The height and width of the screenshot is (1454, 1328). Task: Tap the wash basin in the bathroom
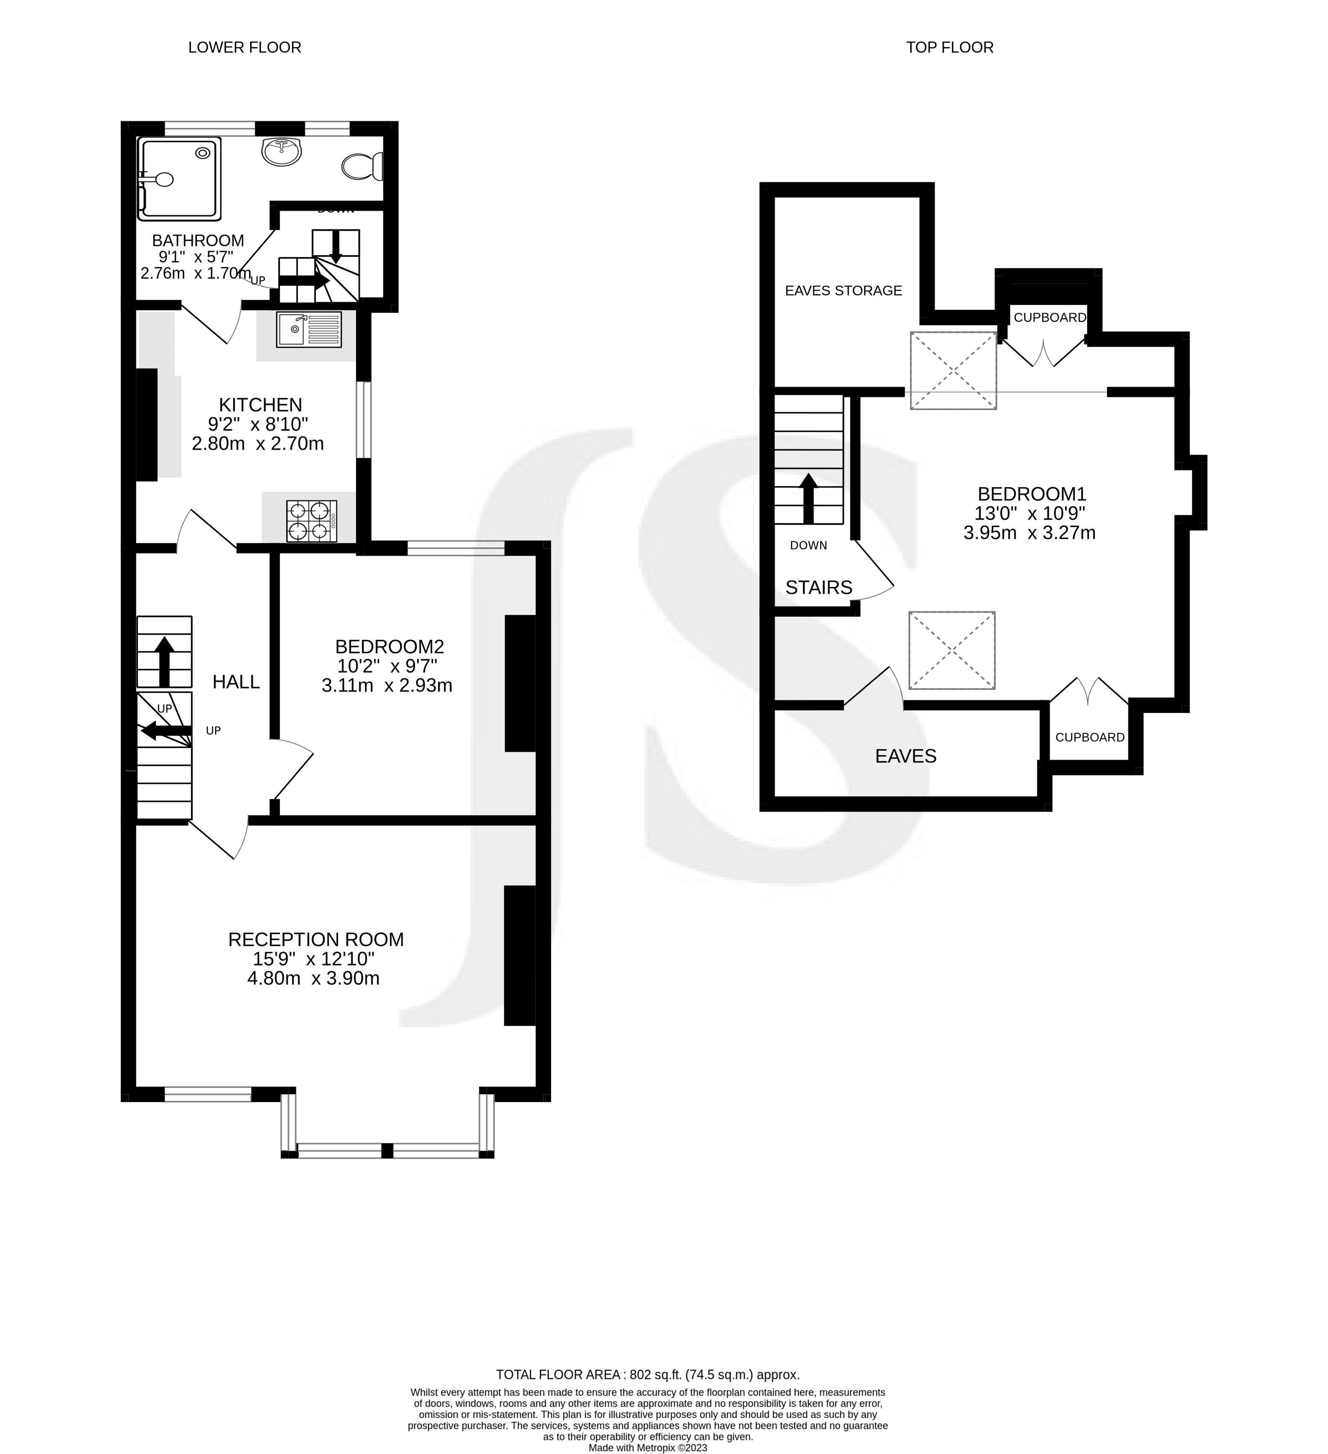pyautogui.click(x=282, y=152)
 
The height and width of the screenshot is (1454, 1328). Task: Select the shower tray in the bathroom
pyautogui.click(x=180, y=178)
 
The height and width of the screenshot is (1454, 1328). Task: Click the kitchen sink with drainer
pyautogui.click(x=309, y=329)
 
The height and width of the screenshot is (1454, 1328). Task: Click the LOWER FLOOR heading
pyautogui.click(x=245, y=47)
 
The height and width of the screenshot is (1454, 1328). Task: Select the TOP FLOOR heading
pyautogui.click(x=949, y=47)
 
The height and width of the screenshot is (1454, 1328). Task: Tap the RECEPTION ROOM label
pyautogui.click(x=316, y=939)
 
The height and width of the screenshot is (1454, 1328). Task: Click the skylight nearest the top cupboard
pyautogui.click(x=953, y=371)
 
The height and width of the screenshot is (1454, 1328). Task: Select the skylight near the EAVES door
pyautogui.click(x=951, y=651)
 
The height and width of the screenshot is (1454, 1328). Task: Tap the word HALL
pyautogui.click(x=236, y=682)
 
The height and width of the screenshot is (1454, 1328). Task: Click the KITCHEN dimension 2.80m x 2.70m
pyautogui.click(x=257, y=443)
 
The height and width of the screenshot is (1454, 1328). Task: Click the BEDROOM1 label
pyautogui.click(x=1031, y=494)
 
